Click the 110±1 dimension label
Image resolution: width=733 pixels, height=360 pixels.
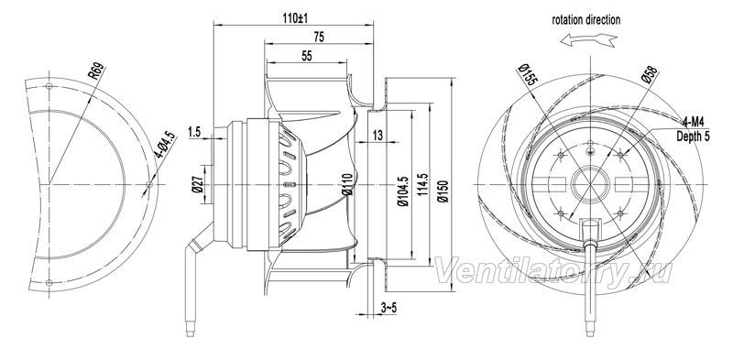(x=295, y=18)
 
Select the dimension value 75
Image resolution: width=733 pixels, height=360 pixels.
(x=319, y=38)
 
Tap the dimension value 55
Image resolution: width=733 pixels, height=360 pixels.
(x=307, y=56)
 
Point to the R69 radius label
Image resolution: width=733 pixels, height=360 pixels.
(x=96, y=71)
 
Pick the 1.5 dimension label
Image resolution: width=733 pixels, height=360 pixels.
(x=194, y=132)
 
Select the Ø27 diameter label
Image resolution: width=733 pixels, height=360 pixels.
(x=197, y=185)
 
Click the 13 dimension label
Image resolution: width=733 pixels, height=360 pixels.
(x=377, y=136)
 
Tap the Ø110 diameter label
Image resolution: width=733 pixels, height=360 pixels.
(x=346, y=184)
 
